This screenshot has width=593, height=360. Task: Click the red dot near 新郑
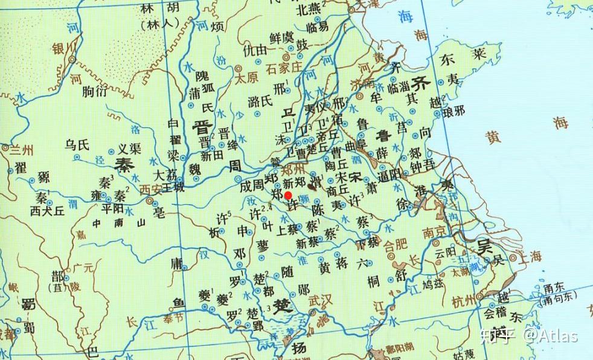tap(288, 195)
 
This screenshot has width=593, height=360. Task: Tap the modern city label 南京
tap(434, 231)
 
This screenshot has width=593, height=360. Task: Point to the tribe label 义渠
tap(129, 148)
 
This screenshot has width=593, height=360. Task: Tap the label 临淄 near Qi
tap(399, 87)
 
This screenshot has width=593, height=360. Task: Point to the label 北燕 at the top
tap(309, 10)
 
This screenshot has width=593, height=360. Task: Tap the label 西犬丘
tap(47, 211)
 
